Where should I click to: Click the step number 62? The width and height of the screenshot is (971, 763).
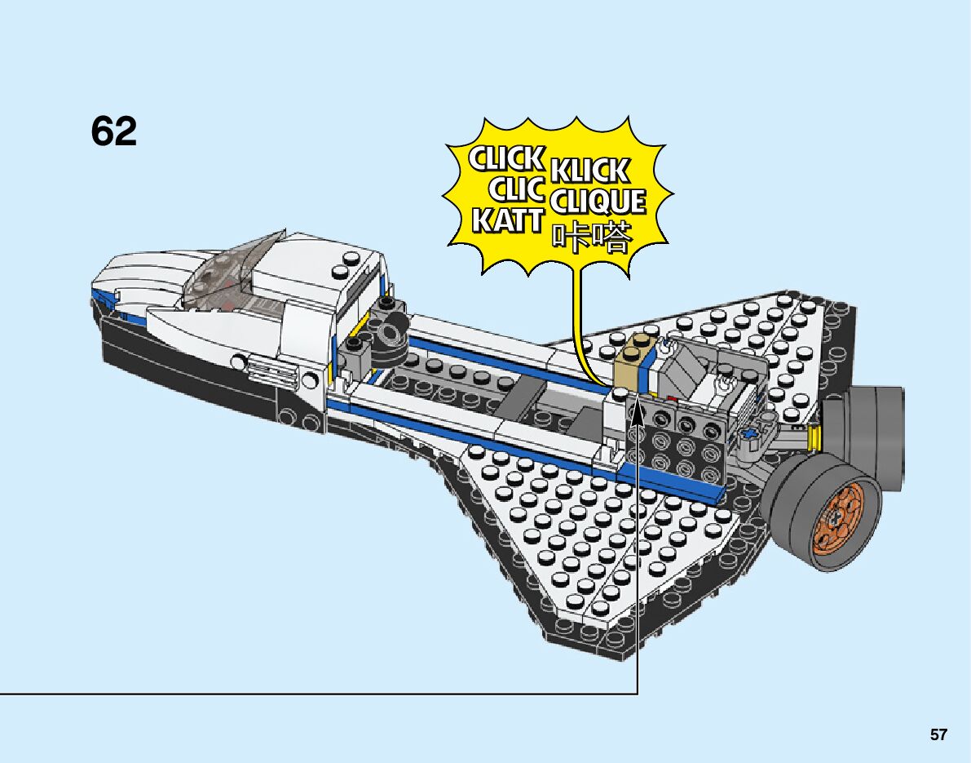[x=114, y=131]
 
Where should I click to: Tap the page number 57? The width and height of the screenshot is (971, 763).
[x=938, y=735]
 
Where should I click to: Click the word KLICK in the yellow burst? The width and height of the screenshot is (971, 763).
[x=589, y=170]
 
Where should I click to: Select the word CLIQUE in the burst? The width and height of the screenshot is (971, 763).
[x=598, y=201]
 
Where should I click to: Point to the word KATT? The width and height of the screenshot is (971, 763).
[x=507, y=220]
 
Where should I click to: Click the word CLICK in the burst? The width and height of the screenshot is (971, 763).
[x=506, y=158]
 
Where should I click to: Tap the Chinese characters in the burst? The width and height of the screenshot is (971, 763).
[x=592, y=235]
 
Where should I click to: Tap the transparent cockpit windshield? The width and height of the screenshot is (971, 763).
[x=232, y=269]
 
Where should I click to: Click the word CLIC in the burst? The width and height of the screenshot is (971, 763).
[x=516, y=190]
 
